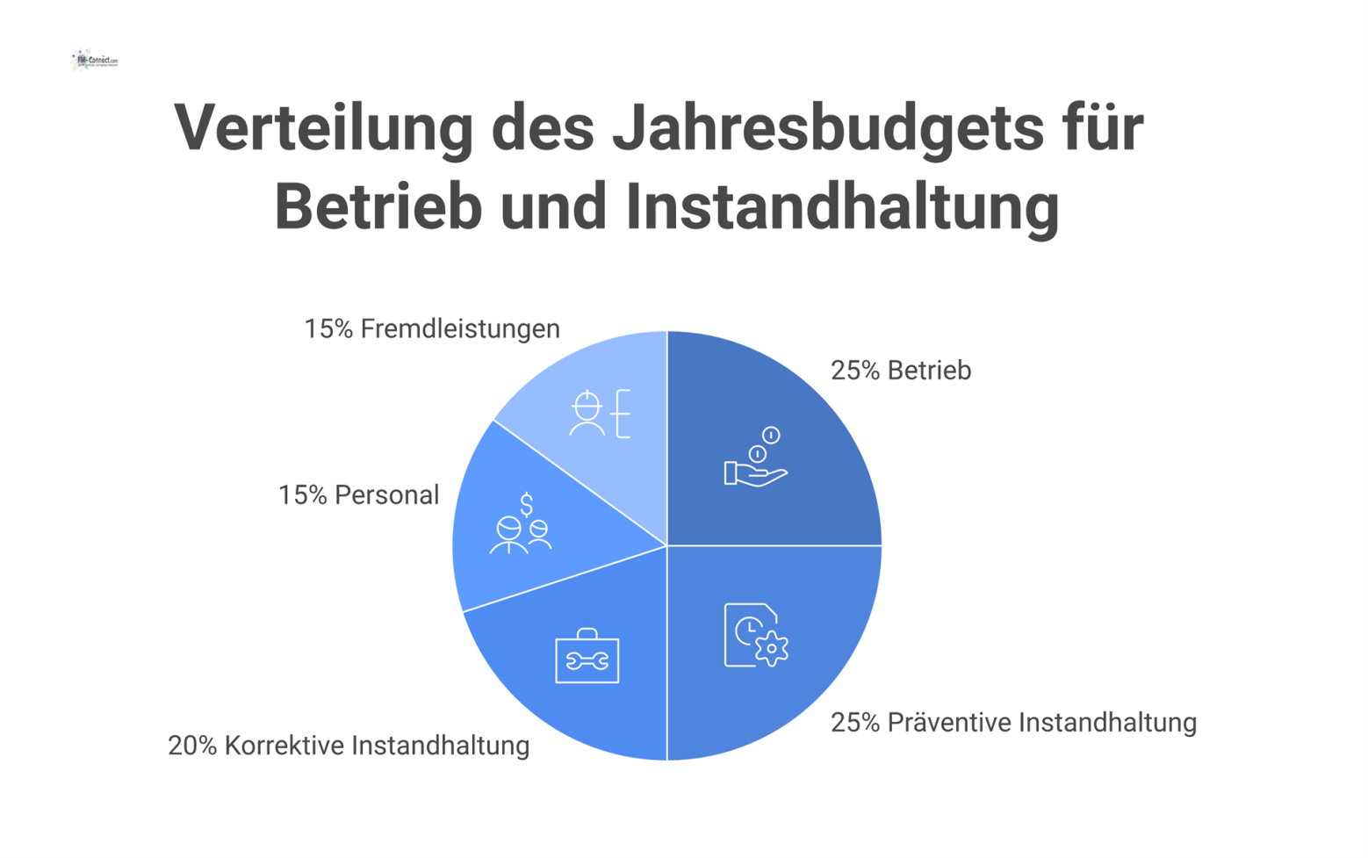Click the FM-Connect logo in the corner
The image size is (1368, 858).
94,60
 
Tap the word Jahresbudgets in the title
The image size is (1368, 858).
828,128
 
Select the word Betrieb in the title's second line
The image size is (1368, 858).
378,206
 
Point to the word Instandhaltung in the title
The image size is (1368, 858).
842,206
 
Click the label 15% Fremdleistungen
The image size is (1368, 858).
431,328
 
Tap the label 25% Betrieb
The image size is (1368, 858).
900,371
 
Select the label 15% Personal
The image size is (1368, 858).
358,495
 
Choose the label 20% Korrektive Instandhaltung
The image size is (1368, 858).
349,746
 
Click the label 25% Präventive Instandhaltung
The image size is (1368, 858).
1013,723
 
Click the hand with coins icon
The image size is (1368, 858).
756,458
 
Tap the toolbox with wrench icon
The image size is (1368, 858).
587,656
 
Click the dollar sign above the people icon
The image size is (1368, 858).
526,504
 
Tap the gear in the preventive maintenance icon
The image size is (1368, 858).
771,649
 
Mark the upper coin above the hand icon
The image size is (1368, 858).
771,435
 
